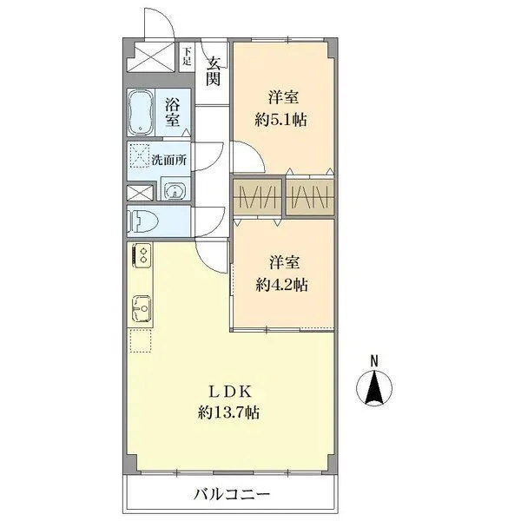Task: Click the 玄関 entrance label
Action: (213, 70)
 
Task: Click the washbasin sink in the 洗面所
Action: (175, 191)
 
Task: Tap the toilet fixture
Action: (142, 221)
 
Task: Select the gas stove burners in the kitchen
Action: (140, 256)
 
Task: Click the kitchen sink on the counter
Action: (140, 307)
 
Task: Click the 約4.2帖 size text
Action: (281, 283)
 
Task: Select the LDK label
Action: (230, 390)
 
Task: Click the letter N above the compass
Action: (374, 360)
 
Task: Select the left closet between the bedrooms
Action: (256, 197)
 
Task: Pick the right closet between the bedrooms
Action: (310, 197)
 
